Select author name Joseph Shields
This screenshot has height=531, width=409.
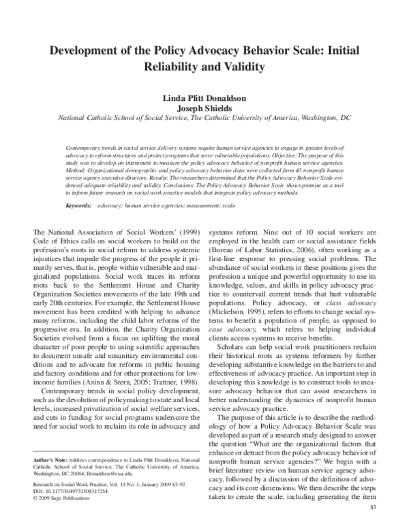click(204, 107)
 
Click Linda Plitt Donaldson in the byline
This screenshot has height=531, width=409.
click(204, 96)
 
